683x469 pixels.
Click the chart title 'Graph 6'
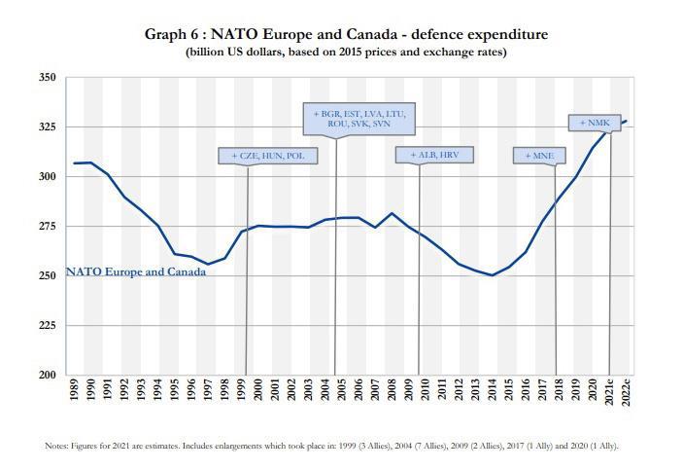point(346,34)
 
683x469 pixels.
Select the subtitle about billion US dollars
point(346,52)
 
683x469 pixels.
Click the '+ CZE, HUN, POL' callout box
point(259,156)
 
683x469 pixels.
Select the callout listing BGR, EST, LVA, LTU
point(359,120)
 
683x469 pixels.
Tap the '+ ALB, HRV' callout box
point(427,155)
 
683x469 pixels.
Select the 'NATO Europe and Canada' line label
point(136,271)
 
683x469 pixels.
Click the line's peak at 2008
point(392,213)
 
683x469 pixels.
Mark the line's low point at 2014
point(492,275)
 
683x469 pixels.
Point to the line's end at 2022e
point(626,121)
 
